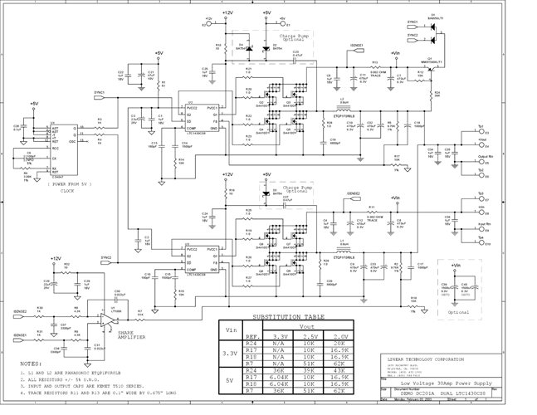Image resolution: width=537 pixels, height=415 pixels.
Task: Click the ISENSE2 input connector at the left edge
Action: tap(21, 311)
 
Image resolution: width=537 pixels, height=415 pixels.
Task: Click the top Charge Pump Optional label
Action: tap(296, 38)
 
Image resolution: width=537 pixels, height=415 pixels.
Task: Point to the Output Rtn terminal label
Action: tap(485, 155)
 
